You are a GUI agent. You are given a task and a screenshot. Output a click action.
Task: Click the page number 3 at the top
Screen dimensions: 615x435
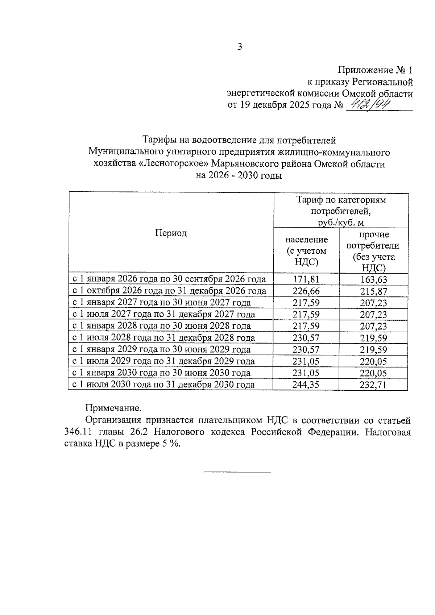pyautogui.click(x=239, y=47)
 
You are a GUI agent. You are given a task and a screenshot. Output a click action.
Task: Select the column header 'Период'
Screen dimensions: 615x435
pyautogui.click(x=171, y=233)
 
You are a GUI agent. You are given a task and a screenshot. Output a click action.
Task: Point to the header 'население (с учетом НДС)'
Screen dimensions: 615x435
pyautogui.click(x=306, y=250)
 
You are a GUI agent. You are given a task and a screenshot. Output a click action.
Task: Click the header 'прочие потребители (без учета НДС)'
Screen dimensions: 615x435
pyautogui.click(x=373, y=251)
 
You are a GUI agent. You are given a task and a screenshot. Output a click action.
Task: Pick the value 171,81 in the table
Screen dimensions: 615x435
pyautogui.click(x=306, y=279)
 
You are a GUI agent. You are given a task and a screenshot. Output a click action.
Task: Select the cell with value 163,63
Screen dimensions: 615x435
pyautogui.click(x=373, y=279)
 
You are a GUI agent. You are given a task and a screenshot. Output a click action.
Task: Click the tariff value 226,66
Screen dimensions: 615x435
pyautogui.click(x=306, y=291)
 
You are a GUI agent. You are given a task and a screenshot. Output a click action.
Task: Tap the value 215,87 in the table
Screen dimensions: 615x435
pyautogui.click(x=373, y=291)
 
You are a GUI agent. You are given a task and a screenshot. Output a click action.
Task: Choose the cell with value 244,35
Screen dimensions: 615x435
pyautogui.click(x=306, y=385)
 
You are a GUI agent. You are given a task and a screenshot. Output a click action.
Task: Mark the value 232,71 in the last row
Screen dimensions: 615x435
pyautogui.click(x=373, y=385)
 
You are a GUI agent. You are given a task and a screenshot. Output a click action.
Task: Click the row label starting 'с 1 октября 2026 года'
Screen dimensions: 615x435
pyautogui.click(x=170, y=291)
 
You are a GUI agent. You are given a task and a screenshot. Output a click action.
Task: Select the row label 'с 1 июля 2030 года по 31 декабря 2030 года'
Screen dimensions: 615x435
pyautogui.click(x=164, y=385)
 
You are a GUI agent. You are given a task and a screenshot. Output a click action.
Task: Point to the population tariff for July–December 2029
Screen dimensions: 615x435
pyautogui.click(x=306, y=361)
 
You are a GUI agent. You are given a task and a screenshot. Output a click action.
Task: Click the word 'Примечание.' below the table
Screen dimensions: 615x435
pyautogui.click(x=113, y=408)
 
